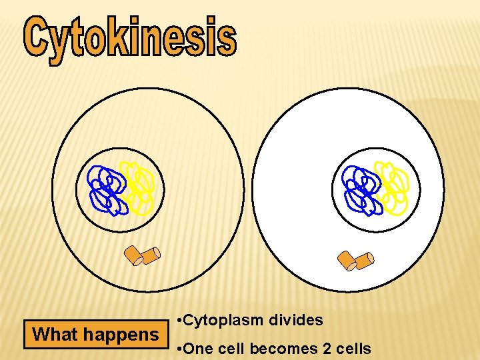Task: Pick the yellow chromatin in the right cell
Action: click(393, 188)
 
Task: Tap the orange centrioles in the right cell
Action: click(355, 260)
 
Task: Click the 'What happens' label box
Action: click(95, 334)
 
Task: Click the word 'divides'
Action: click(296, 321)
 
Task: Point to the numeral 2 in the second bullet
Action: click(319, 348)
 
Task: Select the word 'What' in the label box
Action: click(55, 334)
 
